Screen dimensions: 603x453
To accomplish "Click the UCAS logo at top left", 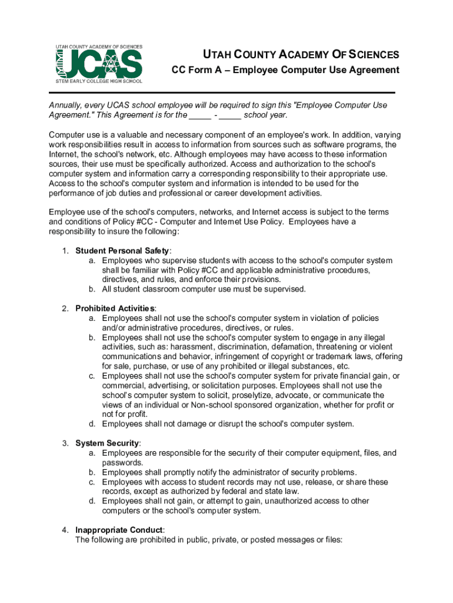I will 99,64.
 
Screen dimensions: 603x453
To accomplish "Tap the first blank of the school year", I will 201,115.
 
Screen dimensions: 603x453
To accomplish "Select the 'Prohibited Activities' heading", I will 115,309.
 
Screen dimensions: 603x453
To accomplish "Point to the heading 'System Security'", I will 107,443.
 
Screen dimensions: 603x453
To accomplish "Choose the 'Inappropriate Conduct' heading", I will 119,529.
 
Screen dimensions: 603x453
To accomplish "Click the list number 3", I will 65,443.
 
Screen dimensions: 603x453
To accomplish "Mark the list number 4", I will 65,529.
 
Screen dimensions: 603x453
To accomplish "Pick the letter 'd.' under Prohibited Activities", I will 92,424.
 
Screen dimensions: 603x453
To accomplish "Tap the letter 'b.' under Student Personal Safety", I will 92,289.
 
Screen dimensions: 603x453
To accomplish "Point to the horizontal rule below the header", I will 222,92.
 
